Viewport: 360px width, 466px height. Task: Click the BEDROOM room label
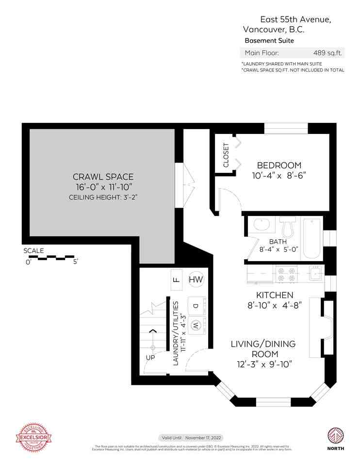[x=279, y=165]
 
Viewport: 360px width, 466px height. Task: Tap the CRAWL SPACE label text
[x=103, y=177]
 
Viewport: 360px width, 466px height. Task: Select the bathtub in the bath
[x=311, y=238]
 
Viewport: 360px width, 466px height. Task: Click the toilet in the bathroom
[x=288, y=226]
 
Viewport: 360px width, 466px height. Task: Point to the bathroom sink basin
[x=262, y=225]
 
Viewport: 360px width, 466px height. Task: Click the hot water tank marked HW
[x=196, y=280]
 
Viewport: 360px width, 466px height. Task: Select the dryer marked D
[x=196, y=306]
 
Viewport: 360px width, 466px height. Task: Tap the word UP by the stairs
[x=151, y=357]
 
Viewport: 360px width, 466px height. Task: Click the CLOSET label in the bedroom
[x=226, y=155]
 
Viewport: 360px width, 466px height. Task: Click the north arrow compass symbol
[x=335, y=434]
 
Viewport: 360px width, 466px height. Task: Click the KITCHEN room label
[x=275, y=295]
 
